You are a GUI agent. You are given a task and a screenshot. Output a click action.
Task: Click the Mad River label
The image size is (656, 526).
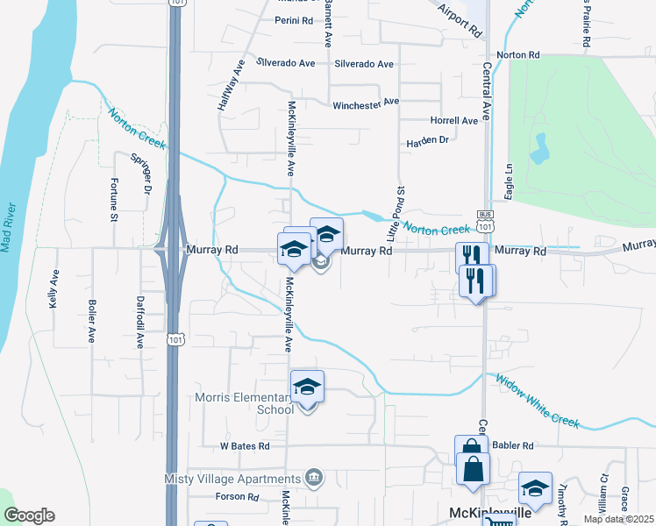[9, 227]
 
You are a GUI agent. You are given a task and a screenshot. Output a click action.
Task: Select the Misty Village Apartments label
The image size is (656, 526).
[232, 479]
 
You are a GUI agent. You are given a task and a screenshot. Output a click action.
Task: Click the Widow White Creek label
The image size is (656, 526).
[537, 402]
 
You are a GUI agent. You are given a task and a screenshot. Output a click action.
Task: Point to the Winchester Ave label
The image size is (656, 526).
[366, 103]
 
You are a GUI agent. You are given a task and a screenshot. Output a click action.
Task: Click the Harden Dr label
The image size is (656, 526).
[428, 140]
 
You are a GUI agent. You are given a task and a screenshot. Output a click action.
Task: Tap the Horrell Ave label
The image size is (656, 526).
[453, 120]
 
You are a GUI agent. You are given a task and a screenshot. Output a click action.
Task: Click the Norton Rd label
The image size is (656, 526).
[517, 55]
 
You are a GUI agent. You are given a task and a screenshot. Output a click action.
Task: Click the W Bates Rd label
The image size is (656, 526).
[245, 446]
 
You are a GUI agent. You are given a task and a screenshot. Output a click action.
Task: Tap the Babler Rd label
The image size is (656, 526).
[514, 445]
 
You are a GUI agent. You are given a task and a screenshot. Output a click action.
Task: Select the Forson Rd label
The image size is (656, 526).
[237, 497]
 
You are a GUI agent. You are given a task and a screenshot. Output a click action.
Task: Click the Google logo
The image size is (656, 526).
[29, 515]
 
